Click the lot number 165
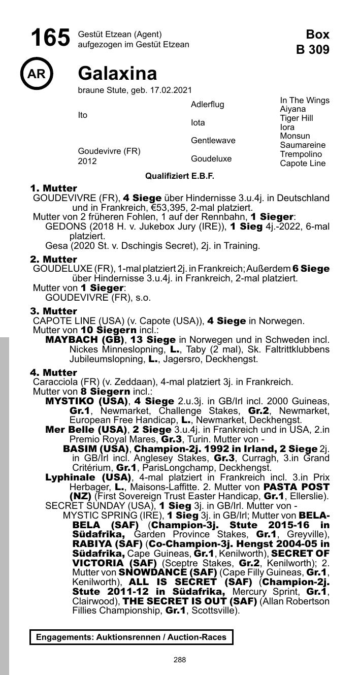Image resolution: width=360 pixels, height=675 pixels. pos(50,38)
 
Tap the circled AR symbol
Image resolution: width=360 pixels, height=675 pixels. pos(37,74)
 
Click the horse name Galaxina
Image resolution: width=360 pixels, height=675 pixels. pos(117,74)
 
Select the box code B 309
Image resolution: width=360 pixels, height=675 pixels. pos(313,50)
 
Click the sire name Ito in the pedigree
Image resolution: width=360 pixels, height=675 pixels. pos(83,115)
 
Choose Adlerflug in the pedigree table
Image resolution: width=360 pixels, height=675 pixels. pos(207,105)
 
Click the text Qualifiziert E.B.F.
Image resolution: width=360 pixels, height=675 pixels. pos(180,176)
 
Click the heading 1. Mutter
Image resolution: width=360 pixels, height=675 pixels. pos(53,188)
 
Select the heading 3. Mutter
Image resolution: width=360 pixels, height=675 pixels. pos(53,311)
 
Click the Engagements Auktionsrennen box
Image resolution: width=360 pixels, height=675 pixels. pos(131,637)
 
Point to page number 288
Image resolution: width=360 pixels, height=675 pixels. pos(180,660)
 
